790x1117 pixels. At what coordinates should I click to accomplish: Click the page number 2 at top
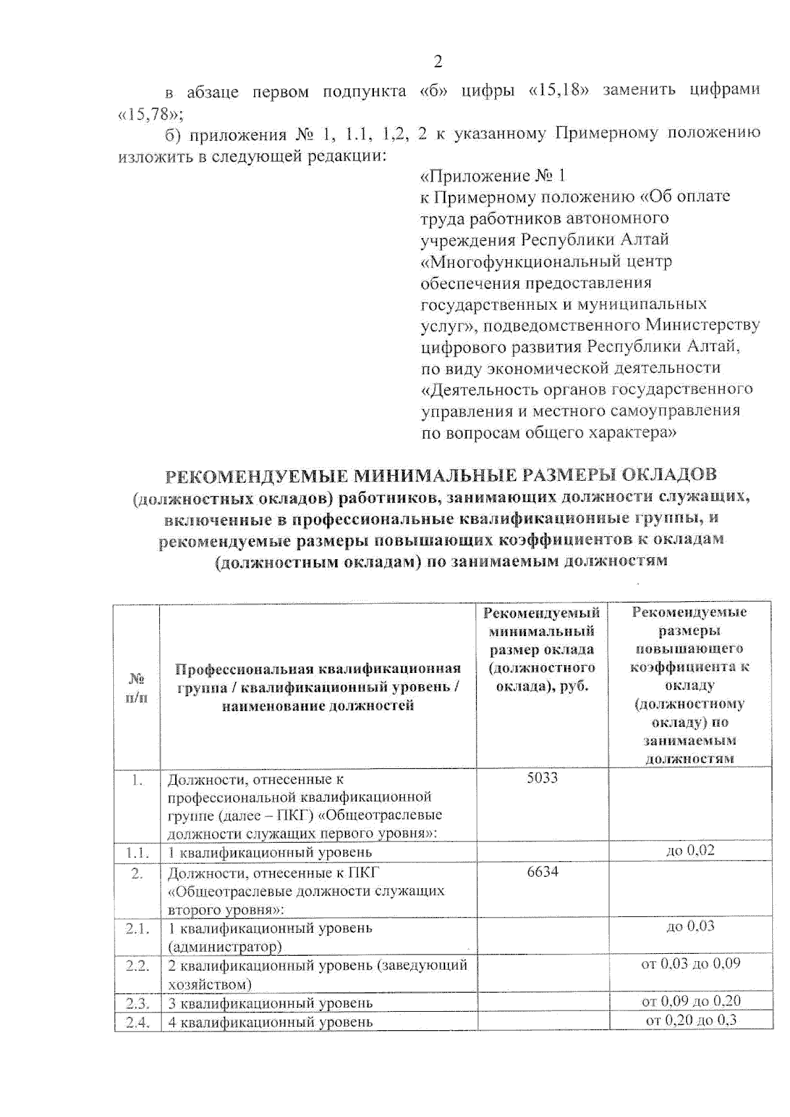click(438, 62)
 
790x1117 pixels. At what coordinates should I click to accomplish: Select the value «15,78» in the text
click(151, 114)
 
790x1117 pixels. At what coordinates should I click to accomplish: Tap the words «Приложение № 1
click(492, 176)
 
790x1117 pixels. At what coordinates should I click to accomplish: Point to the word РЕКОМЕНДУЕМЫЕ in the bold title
click(255, 474)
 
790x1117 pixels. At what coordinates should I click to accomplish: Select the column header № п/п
click(136, 687)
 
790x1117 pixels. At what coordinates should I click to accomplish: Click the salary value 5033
click(542, 778)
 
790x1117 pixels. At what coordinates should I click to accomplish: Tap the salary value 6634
click(542, 872)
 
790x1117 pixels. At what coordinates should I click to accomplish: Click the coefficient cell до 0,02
click(690, 850)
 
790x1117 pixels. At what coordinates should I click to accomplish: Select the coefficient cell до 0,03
click(690, 926)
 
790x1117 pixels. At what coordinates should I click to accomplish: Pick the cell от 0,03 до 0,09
click(690, 964)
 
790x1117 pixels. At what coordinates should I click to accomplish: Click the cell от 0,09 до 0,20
click(691, 1001)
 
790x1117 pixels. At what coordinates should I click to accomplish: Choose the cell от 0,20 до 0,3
click(691, 1020)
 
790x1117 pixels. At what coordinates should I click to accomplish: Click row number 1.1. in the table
click(138, 853)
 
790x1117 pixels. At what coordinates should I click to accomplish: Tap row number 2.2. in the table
click(138, 966)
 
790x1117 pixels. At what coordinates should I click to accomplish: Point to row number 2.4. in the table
click(138, 1022)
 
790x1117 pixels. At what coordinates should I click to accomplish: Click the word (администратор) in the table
click(224, 947)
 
